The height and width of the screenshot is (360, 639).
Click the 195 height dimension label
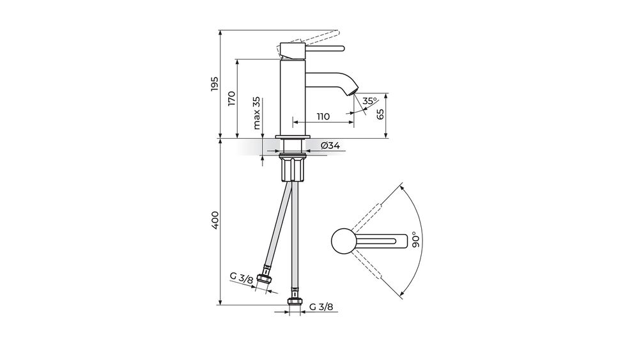pyautogui.click(x=215, y=84)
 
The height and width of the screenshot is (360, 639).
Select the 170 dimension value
pyautogui.click(x=231, y=98)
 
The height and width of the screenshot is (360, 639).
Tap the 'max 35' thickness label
pyautogui.click(x=256, y=113)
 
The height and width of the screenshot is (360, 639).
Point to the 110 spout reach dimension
pyautogui.click(x=323, y=116)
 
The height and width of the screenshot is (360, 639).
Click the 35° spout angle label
pyautogui.click(x=369, y=101)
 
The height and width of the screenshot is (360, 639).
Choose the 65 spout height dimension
pyautogui.click(x=380, y=114)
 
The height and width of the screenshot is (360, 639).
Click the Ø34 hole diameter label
pyautogui.click(x=330, y=146)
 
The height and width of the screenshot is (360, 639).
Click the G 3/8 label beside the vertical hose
pyautogui.click(x=321, y=307)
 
